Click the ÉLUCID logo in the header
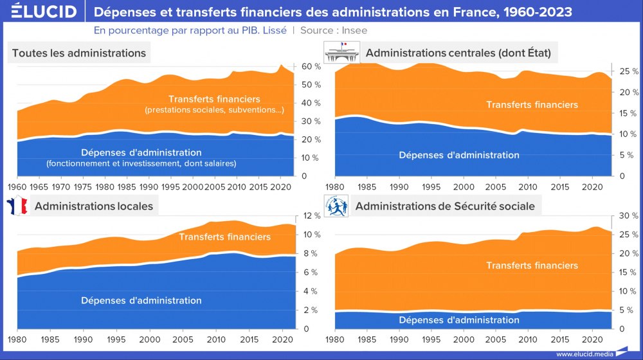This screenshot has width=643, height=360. click(x=39, y=12)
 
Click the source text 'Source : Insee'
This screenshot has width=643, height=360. click(x=334, y=30)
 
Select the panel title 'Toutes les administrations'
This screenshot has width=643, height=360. click(x=79, y=53)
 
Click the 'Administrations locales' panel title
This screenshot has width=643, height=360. click(x=94, y=206)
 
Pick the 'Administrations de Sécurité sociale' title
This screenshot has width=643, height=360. click(x=444, y=206)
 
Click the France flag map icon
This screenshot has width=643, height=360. click(x=16, y=206)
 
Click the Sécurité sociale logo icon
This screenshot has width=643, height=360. click(x=336, y=206)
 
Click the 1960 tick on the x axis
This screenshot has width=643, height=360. click(x=17, y=186)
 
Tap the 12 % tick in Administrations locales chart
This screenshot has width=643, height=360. click(x=311, y=216)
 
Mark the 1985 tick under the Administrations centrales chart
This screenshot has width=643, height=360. click(x=367, y=186)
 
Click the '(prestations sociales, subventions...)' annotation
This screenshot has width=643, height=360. click(x=215, y=111)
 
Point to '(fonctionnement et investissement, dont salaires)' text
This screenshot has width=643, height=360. click(x=141, y=163)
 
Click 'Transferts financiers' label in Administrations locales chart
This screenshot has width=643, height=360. click(x=224, y=237)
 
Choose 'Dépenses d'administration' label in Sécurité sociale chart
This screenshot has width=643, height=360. click(x=458, y=319)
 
